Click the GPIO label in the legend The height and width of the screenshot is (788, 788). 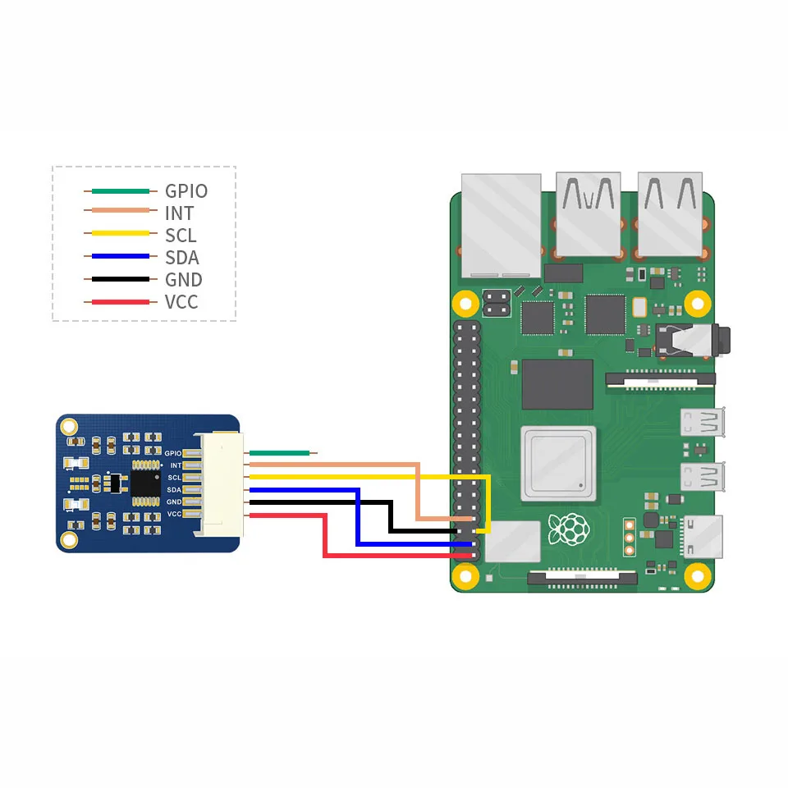pos(186,191)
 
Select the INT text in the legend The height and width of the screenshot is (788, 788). pos(180,213)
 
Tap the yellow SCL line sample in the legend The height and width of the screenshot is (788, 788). pos(120,236)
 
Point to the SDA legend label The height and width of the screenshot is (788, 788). pos(182,258)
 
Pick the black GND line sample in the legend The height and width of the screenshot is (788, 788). pos(120,280)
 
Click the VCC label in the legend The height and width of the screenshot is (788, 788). pos(181,302)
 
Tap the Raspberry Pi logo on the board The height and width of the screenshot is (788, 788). pos(567,529)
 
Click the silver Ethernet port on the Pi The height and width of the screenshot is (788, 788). pos(501,223)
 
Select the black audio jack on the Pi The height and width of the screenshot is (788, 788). pos(689,339)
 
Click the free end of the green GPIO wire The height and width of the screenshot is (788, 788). pos(313,452)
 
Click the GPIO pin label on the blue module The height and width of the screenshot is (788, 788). pos(172,453)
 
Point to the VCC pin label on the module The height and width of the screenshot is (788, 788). pos(174,514)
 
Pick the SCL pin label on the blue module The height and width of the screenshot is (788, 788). pos(174,477)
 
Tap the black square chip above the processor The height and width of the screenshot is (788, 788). pos(557,384)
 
